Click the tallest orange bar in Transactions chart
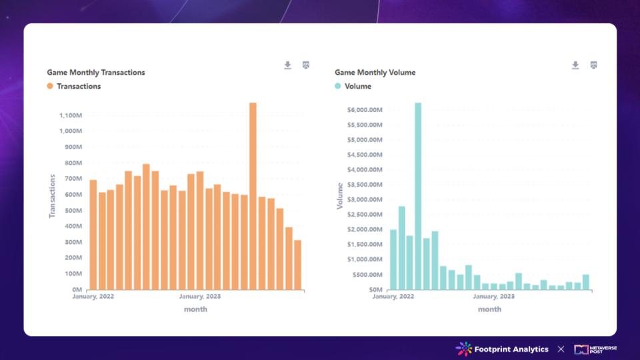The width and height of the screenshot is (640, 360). point(253,196)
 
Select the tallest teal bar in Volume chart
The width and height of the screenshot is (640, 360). point(418,196)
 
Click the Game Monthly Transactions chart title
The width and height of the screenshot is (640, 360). point(96,72)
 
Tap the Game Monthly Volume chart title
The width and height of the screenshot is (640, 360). point(375,72)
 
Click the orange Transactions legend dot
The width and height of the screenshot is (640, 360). point(50,86)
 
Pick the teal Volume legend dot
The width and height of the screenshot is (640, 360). point(338,86)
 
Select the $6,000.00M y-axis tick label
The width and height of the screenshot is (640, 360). point(365,110)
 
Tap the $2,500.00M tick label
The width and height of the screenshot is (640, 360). point(365,214)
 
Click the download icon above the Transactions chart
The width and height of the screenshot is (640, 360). point(288,65)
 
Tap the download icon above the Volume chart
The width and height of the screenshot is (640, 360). point(575,65)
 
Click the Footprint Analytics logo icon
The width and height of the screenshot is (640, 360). point(463,349)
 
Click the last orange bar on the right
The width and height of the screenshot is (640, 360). point(297,265)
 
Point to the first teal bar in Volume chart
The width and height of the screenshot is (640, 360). point(393,259)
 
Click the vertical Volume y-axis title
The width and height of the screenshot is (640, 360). point(340,196)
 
